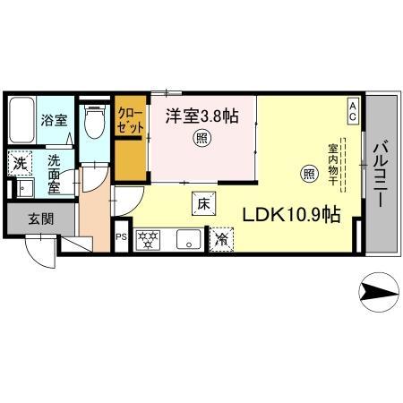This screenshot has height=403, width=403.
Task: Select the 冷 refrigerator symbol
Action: point(220,239)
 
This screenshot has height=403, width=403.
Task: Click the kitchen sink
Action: point(189,239)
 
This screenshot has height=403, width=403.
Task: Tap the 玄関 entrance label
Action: point(28,218)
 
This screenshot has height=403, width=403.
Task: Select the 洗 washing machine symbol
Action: point(18,165)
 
